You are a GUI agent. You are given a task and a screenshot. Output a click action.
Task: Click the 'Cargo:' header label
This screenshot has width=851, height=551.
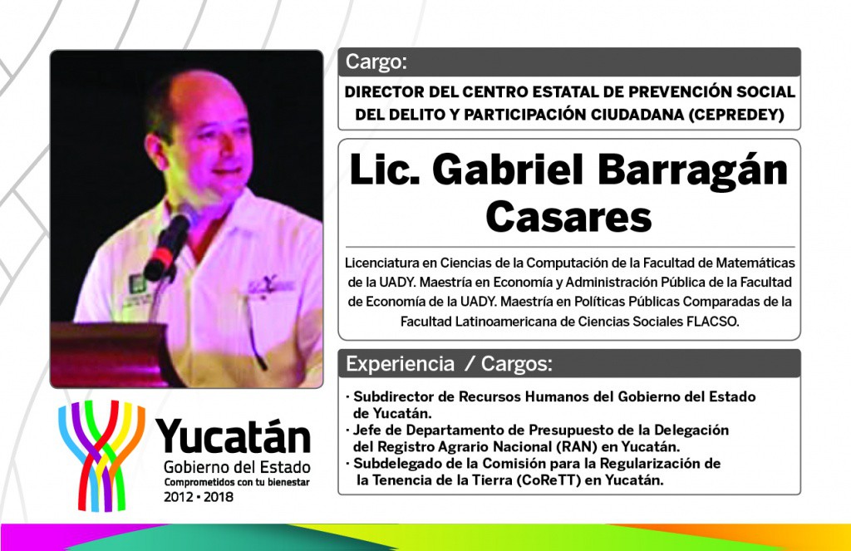click(x=376, y=61)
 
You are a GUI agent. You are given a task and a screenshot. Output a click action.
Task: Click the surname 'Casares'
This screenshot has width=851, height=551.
click(x=568, y=217)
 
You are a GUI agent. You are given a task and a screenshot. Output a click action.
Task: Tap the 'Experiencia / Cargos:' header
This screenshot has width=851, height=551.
click(x=449, y=364)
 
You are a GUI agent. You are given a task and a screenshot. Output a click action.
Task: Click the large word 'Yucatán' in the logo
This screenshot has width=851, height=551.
click(x=233, y=436)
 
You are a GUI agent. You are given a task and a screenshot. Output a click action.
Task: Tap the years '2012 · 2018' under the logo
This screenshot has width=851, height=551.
click(x=198, y=497)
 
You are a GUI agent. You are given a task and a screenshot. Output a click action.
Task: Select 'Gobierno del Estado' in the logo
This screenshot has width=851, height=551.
click(x=237, y=467)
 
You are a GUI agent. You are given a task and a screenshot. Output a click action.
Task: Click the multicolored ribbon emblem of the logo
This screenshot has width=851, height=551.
click(x=101, y=455)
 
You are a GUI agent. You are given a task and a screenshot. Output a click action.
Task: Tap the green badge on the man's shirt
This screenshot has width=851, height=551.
click(x=136, y=283)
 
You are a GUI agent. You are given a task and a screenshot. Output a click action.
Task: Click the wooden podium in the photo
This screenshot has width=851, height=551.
click(x=111, y=354)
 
